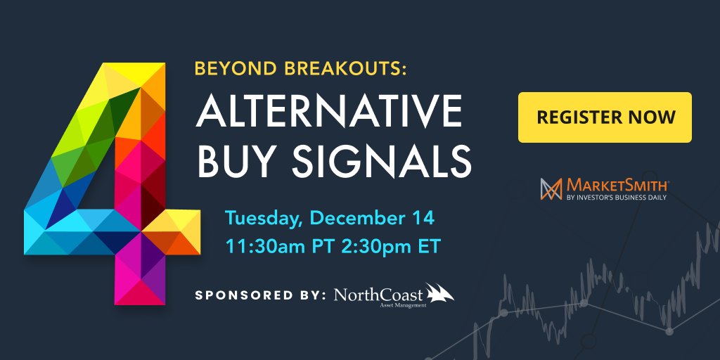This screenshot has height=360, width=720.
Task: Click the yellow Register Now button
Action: click(605, 117)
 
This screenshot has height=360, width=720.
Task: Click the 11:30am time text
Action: click(264, 247)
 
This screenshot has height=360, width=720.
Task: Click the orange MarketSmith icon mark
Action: click(550, 188)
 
